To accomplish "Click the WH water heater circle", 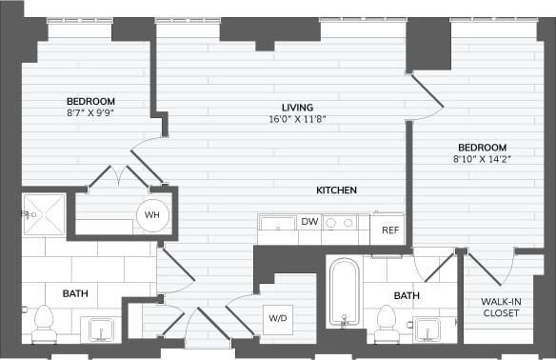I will pos(151,215).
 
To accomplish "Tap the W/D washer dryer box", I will pos(277,318).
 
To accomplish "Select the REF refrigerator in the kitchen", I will pos(389,230).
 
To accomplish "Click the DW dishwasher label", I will pos(309,222).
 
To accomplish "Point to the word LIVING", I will pos(297,108).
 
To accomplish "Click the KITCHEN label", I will pos(336,190).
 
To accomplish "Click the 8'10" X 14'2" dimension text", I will pos(482,160).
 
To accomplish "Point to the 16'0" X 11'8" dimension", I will pos(297,120).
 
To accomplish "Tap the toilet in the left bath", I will pos(44,323).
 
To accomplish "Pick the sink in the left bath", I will pos(100,330).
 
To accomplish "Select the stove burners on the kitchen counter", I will pos(341,223).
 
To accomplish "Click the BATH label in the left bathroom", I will pos(75,293).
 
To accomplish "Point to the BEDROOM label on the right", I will pos(482,148).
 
